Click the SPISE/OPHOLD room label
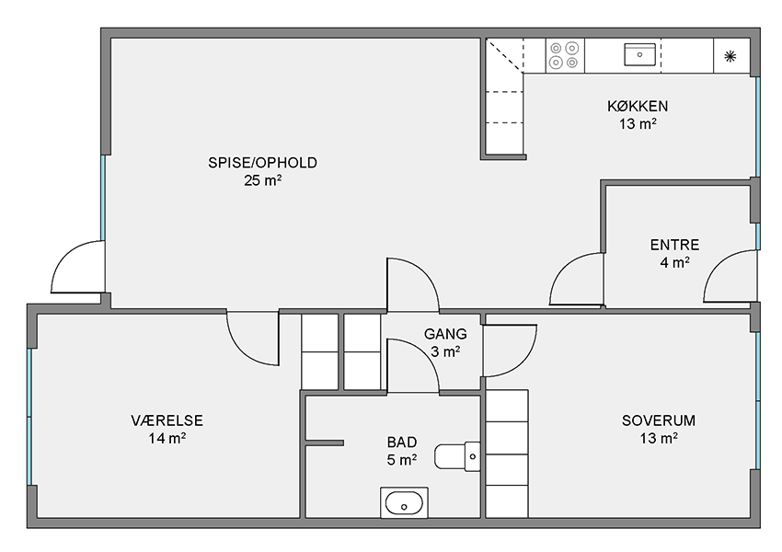click(262, 163)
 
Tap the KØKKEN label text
click(638, 106)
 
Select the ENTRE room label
click(674, 245)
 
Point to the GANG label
click(445, 334)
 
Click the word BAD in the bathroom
click(402, 443)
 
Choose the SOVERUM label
click(659, 420)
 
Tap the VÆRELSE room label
click(167, 420)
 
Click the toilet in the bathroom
click(457, 456)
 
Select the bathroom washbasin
click(404, 503)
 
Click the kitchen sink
click(640, 54)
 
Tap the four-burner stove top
click(565, 55)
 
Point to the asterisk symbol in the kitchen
click(730, 56)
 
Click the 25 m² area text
click(262, 180)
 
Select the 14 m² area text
click(167, 438)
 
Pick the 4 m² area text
click(674, 262)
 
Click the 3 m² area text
click(445, 351)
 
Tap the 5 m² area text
click(402, 460)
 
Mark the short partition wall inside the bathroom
click(324, 443)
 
